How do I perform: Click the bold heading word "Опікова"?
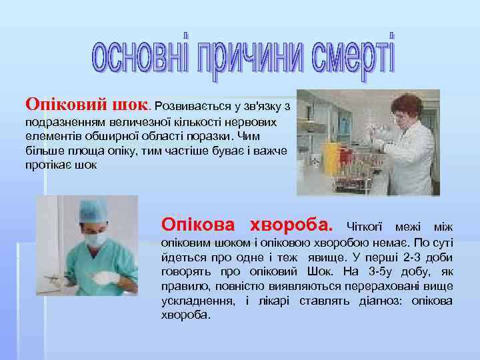[199, 223]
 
